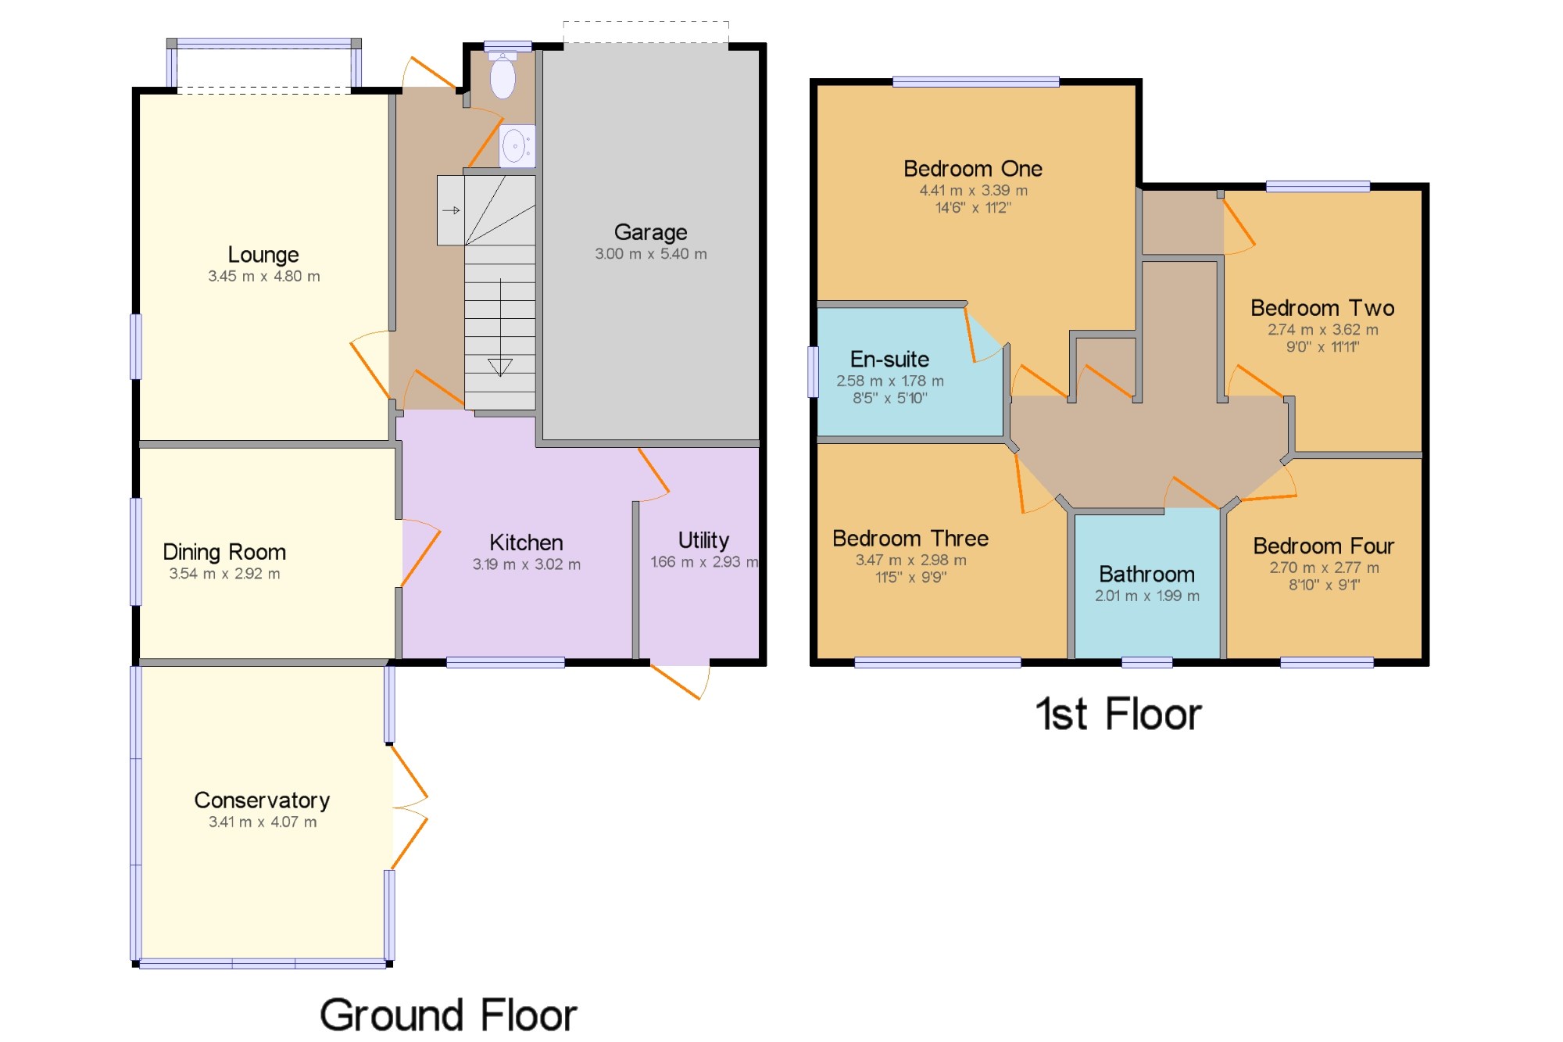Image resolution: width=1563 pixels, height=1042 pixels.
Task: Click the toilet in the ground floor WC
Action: (x=503, y=76)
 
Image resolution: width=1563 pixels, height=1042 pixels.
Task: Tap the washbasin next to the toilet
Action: (x=517, y=145)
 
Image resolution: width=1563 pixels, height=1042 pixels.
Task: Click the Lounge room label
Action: (x=263, y=255)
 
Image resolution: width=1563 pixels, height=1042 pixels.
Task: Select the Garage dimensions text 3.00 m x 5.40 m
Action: (x=651, y=254)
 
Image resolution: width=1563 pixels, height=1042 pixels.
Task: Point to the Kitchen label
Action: (x=526, y=542)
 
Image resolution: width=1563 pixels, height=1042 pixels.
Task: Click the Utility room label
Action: (x=703, y=541)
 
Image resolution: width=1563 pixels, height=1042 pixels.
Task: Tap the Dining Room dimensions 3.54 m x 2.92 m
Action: (x=224, y=574)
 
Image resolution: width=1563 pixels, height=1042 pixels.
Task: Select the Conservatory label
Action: (x=262, y=800)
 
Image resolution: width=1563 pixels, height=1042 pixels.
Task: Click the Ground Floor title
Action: (x=449, y=1015)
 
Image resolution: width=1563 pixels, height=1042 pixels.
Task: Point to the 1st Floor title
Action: (x=1118, y=714)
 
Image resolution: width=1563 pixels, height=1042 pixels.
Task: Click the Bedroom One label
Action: (x=973, y=169)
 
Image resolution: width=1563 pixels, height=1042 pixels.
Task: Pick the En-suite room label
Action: (x=889, y=360)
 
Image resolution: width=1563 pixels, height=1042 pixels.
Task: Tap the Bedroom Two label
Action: (x=1322, y=308)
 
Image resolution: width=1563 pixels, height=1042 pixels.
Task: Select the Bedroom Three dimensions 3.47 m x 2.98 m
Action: (x=911, y=560)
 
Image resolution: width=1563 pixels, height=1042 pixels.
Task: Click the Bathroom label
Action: (x=1146, y=575)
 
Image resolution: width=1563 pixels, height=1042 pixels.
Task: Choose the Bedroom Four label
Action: (x=1324, y=546)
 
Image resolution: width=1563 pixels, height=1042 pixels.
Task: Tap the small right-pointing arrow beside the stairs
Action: (x=452, y=210)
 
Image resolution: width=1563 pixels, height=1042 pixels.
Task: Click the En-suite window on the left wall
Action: (x=813, y=371)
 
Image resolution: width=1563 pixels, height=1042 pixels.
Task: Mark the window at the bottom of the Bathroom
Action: (x=1146, y=663)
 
